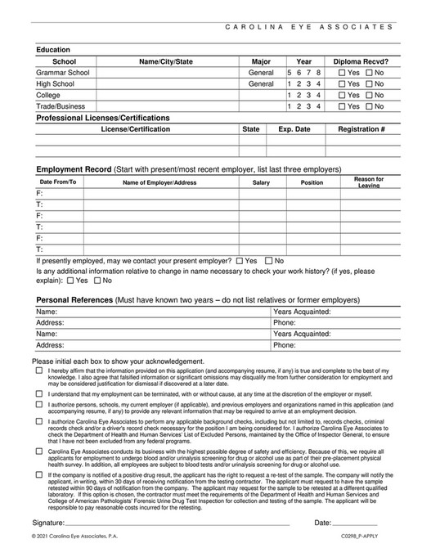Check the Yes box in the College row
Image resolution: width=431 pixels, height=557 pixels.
(342, 95)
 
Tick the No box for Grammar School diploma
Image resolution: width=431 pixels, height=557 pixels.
(370, 72)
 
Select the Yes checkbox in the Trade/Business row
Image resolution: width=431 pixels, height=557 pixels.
(342, 106)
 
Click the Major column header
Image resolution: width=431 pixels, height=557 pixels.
(261, 61)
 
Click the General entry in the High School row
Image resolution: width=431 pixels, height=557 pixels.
(261, 83)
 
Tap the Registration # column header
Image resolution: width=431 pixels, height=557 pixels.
(361, 129)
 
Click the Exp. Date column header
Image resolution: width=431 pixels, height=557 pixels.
(294, 129)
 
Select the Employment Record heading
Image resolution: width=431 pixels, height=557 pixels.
(74, 168)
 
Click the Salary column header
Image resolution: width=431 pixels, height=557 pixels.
(261, 182)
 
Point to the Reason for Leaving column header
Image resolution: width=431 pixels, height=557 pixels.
(368, 182)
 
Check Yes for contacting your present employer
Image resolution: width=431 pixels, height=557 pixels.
(239, 261)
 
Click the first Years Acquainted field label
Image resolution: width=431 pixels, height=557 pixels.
(301, 312)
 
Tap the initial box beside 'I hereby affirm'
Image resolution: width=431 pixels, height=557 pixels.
(39, 370)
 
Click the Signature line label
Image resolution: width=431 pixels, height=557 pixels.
(47, 521)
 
